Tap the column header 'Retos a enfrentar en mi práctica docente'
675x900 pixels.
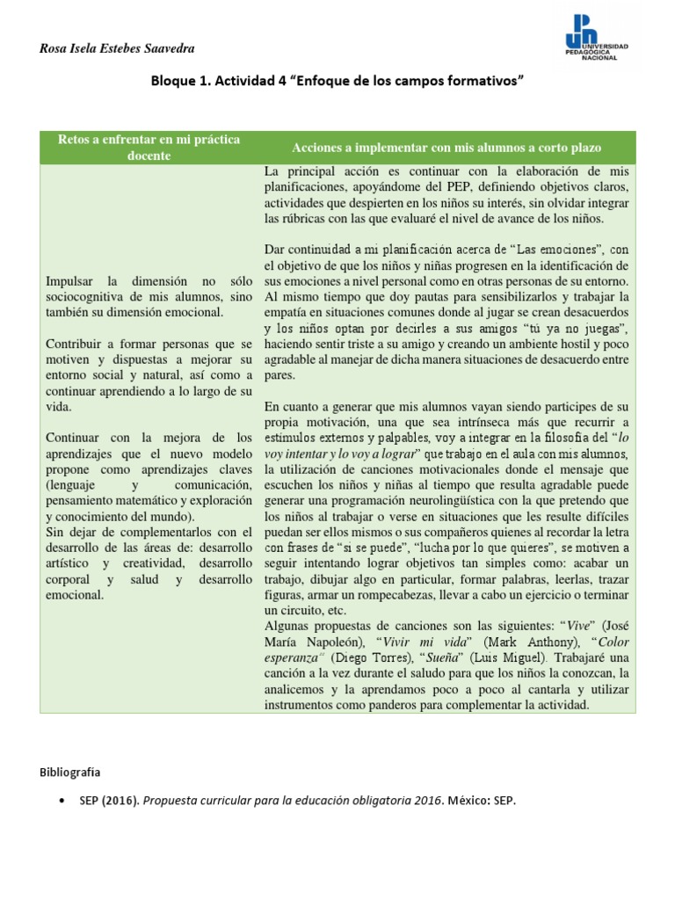pyautogui.click(x=149, y=148)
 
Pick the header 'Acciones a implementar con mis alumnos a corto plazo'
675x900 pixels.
pyautogui.click(x=447, y=148)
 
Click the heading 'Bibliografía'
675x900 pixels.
pyautogui.click(x=70, y=773)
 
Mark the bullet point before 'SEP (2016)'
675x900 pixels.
pyautogui.click(x=59, y=802)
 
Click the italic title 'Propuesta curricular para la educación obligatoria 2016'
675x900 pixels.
pyautogui.click(x=303, y=802)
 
